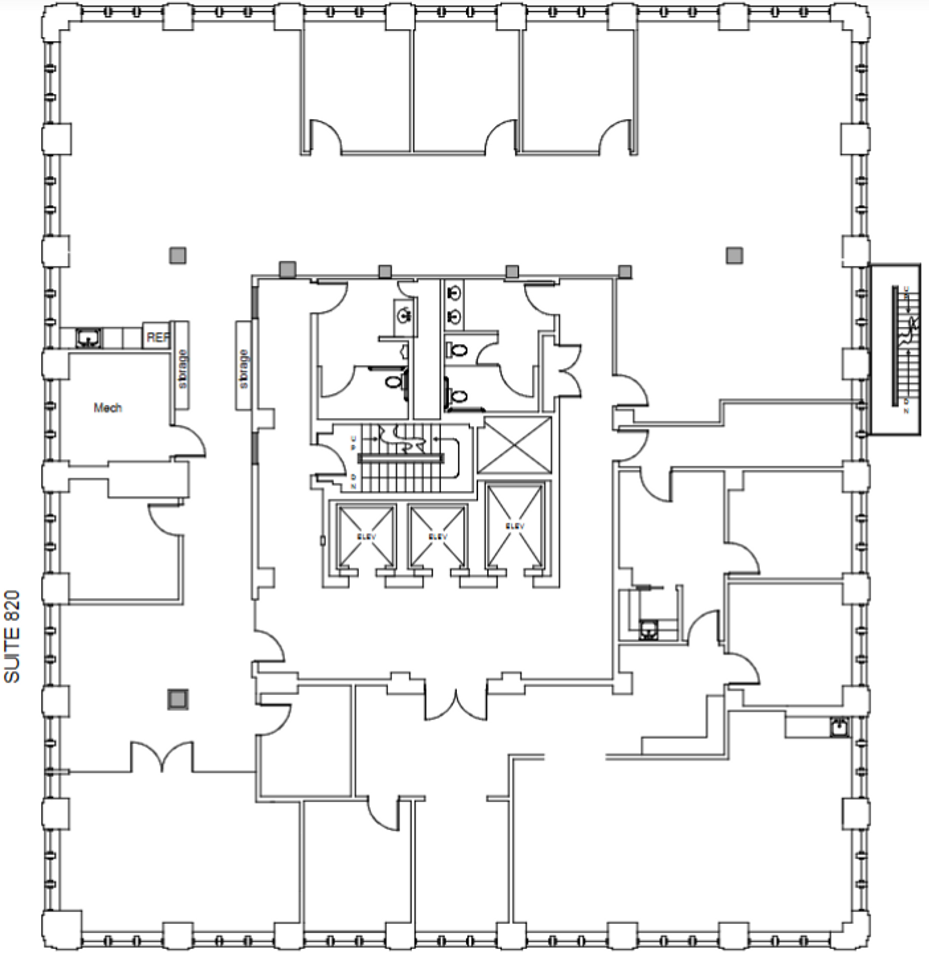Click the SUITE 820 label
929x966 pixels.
point(12,636)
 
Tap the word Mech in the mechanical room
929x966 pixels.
point(108,408)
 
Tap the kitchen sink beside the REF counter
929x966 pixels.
point(89,338)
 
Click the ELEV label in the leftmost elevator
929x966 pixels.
point(366,536)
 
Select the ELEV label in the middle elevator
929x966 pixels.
point(438,536)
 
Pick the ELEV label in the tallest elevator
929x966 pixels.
point(515,527)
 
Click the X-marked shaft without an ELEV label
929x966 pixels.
point(514,444)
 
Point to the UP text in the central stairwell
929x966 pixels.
point(353,443)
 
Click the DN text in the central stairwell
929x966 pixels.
point(353,482)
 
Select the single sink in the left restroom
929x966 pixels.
point(405,313)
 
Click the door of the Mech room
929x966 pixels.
point(189,440)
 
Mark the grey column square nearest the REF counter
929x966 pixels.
point(178,255)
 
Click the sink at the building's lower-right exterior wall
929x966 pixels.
point(839,727)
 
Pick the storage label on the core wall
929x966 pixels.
point(244,368)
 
